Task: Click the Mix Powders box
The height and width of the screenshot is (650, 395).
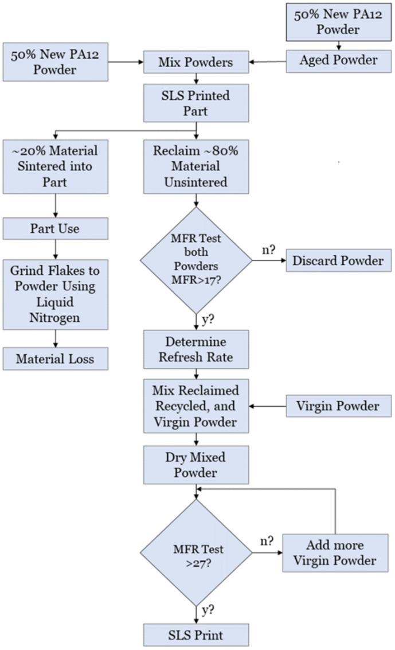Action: pos(196,63)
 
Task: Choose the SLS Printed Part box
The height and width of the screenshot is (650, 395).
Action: pos(196,102)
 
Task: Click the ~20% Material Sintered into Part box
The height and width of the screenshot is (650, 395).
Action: pos(56,167)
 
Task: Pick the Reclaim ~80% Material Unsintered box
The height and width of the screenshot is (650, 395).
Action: pos(196,167)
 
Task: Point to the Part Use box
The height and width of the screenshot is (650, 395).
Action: pos(56,229)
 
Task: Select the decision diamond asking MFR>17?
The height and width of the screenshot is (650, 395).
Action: pos(197,260)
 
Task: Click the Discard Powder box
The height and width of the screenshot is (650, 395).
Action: pos(338,260)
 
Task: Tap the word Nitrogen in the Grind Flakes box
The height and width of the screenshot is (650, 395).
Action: pos(56,317)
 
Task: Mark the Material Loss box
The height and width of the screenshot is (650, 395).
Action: pos(56,359)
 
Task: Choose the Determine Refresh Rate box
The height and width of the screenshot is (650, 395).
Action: pos(196,349)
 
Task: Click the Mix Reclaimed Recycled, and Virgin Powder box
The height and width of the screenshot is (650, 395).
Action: pos(196,406)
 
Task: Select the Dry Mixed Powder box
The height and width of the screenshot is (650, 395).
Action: pos(196,465)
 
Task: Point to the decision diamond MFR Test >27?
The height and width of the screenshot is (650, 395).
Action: pos(197,554)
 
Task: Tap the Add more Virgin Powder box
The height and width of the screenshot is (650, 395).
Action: pos(335,552)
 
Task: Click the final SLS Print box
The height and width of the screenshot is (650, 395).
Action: pos(196,635)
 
